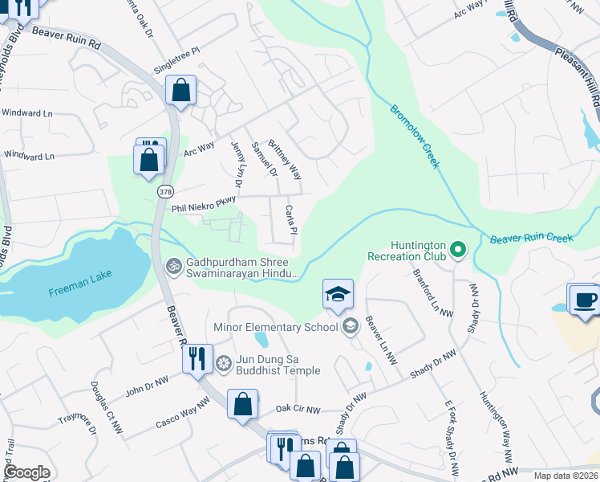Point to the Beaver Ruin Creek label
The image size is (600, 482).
[x=531, y=238]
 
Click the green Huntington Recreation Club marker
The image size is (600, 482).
[x=457, y=251]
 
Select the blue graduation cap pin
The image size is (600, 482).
[x=338, y=294]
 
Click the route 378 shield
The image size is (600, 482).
[x=165, y=192]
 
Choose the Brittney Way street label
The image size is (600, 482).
[x=285, y=160]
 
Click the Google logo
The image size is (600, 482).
[x=26, y=472]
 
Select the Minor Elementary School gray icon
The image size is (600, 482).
[x=350, y=326]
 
